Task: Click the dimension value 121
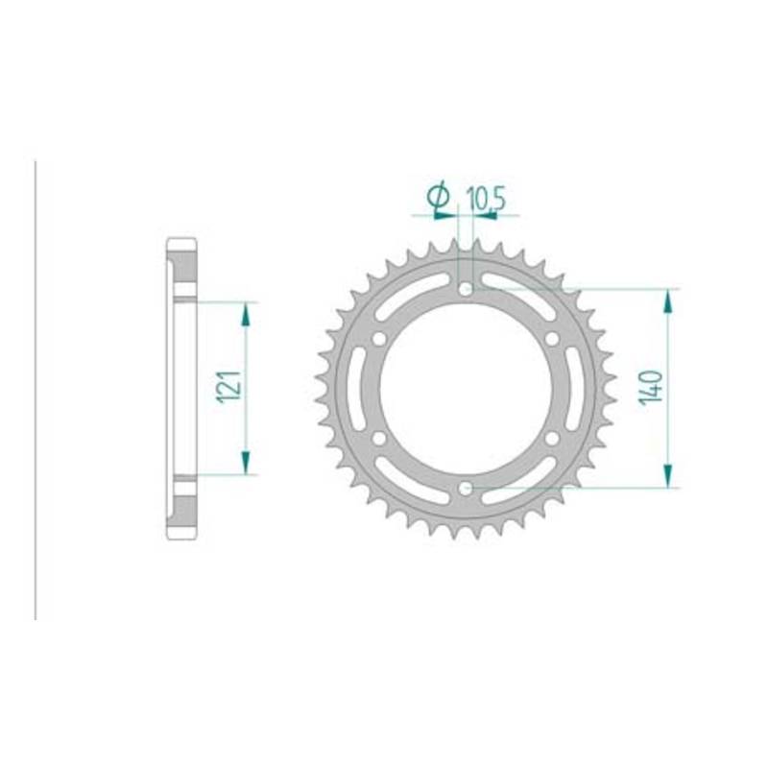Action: coord(230,387)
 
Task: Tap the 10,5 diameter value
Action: coord(485,199)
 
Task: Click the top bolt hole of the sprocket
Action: coord(466,290)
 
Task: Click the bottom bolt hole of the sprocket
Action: coord(466,488)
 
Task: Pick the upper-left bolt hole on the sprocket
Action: coord(379,339)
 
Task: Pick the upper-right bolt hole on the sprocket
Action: coord(552,339)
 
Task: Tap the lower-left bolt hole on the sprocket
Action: coord(379,439)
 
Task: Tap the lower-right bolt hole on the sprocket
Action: coord(552,439)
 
